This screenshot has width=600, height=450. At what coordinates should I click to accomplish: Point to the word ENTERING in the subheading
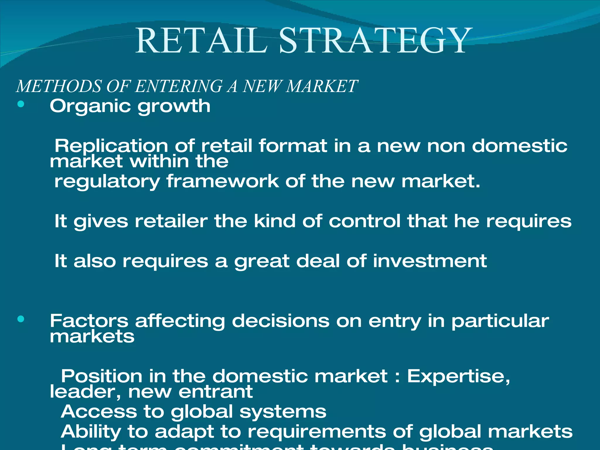pyautogui.click(x=179, y=86)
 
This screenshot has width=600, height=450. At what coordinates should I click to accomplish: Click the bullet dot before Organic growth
pyautogui.click(x=21, y=104)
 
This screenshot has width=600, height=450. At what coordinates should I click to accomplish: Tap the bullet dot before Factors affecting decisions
pyautogui.click(x=21, y=319)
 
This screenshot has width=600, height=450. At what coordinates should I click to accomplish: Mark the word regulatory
pyautogui.click(x=107, y=182)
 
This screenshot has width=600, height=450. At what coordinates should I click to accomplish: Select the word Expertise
pyautogui.click(x=458, y=376)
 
